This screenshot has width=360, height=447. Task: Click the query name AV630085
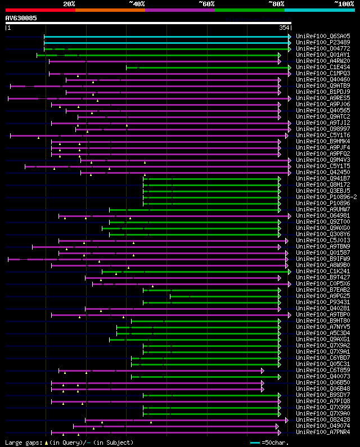click(21, 18)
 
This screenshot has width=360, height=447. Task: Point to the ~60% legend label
click(206, 4)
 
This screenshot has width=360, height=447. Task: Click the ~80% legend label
click(276, 4)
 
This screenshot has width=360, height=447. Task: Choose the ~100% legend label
click(344, 4)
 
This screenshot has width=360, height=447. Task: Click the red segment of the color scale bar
click(40, 10)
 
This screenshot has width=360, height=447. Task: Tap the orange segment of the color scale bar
click(110, 10)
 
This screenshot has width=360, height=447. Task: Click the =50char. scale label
click(277, 443)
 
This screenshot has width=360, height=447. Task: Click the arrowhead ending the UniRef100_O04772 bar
click(290, 49)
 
